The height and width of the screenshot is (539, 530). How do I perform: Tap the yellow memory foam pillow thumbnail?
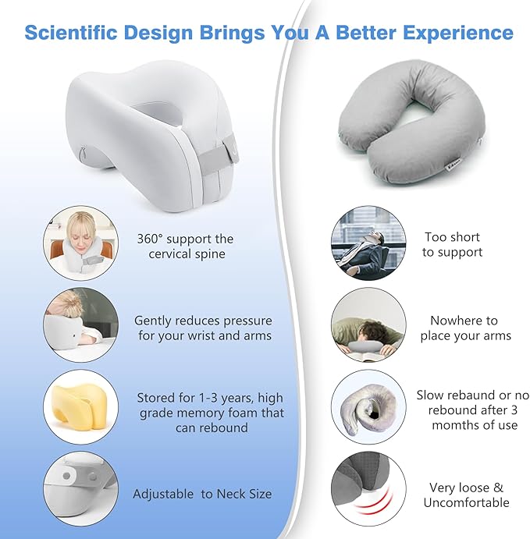pyautogui.click(x=80, y=405)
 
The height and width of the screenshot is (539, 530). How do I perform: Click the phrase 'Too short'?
pyautogui.click(x=452, y=236)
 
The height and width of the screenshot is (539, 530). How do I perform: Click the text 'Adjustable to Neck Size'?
pyautogui.click(x=201, y=494)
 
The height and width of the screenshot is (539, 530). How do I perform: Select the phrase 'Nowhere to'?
pyautogui.click(x=464, y=321)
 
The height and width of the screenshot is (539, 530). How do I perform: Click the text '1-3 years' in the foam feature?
pyautogui.click(x=216, y=397)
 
